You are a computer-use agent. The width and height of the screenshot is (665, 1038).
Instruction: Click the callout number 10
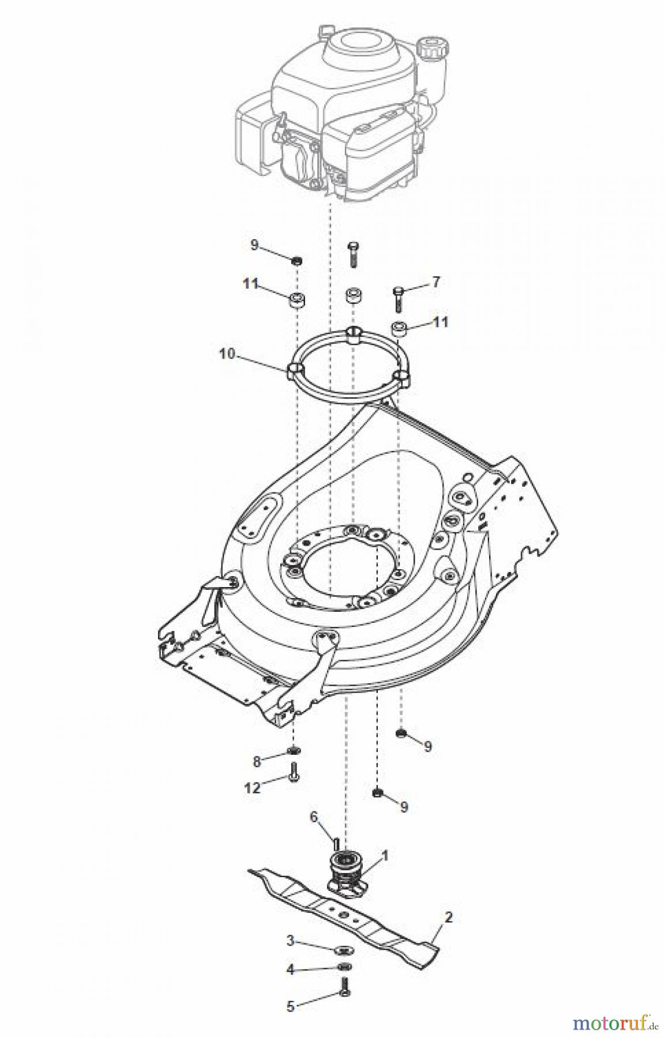[227, 353]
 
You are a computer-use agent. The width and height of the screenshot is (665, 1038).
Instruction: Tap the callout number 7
[435, 282]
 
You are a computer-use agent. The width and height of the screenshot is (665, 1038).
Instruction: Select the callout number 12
[253, 788]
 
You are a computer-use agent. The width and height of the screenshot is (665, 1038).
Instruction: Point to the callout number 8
[257, 761]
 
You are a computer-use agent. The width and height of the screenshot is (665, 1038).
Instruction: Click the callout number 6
[314, 817]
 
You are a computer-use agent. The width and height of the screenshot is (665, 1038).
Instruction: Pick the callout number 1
[385, 856]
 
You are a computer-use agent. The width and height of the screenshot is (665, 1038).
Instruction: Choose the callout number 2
[449, 917]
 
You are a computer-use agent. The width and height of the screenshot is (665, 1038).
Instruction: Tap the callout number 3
[291, 941]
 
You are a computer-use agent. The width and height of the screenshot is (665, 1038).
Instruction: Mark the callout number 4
[291, 970]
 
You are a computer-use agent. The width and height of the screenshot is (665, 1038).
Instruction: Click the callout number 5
[291, 1007]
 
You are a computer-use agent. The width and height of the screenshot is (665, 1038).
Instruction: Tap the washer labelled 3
[344, 949]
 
